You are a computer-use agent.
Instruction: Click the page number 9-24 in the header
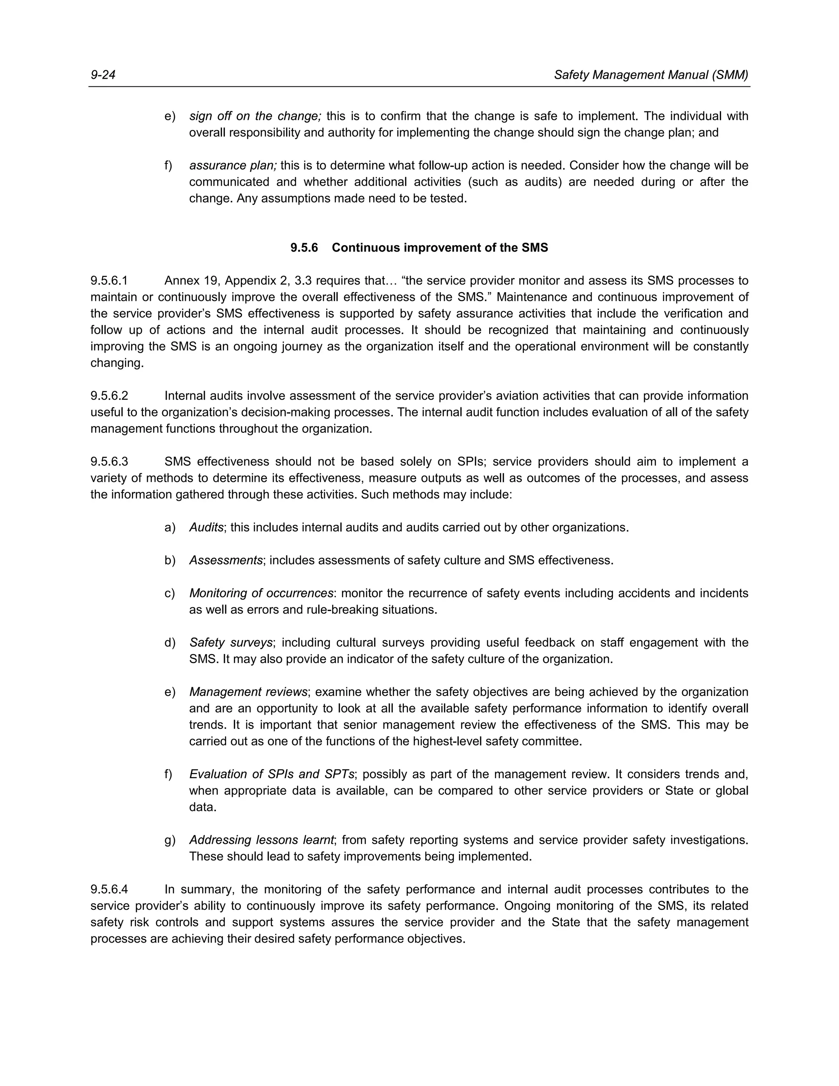tap(103, 75)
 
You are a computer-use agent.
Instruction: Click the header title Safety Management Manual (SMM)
tap(651, 75)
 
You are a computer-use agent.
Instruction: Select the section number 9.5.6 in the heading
tap(304, 248)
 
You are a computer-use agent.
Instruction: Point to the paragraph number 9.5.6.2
tap(109, 396)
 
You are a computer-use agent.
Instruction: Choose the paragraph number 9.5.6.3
tap(109, 461)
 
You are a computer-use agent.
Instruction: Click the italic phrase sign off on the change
tap(255, 116)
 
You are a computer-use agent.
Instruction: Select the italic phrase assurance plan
tap(233, 166)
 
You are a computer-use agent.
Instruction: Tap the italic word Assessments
tap(226, 560)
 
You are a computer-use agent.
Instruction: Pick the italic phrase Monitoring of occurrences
tap(261, 593)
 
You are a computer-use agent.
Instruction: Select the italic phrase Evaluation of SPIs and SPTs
tap(271, 774)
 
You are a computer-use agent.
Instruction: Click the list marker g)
tap(170, 840)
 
